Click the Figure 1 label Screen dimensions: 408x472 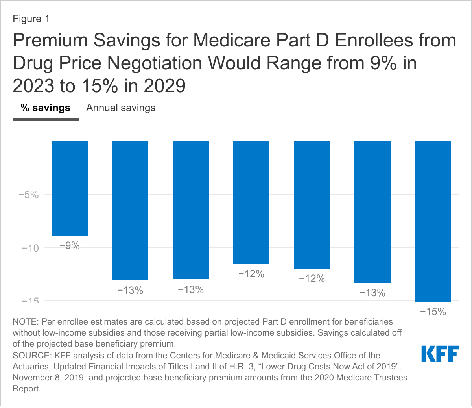point(31,19)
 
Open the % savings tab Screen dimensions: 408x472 point(46,108)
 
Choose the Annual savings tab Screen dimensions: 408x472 point(121,108)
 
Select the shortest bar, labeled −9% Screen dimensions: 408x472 point(70,188)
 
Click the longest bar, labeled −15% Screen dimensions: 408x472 point(433,221)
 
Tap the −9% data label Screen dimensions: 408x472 point(70,246)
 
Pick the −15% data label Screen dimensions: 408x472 point(433,312)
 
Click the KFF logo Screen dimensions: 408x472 point(440,354)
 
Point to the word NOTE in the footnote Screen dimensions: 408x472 point(24,321)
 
